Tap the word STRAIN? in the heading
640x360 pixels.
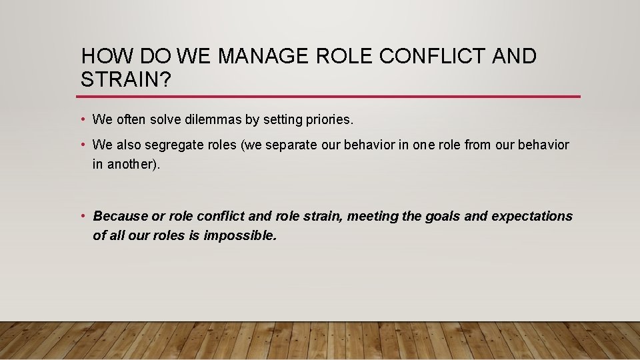click(126, 80)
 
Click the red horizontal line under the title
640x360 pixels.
click(330, 97)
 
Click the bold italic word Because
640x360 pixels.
click(120, 216)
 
